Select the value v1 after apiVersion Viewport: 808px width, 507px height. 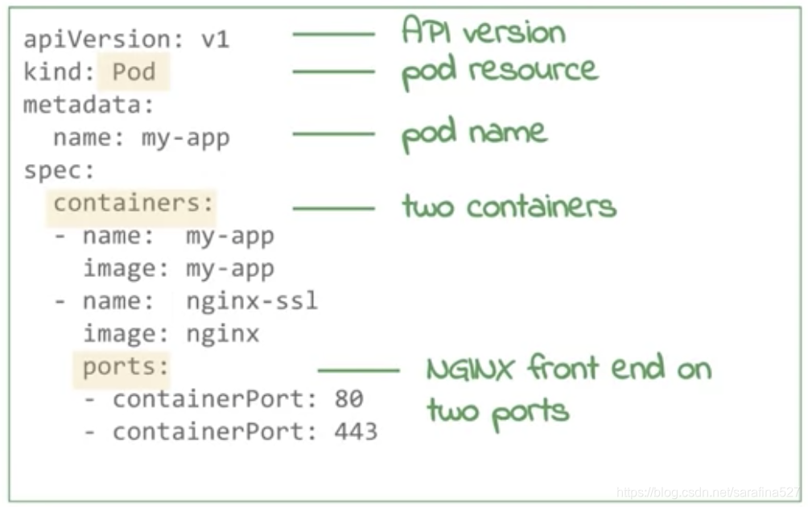pos(215,39)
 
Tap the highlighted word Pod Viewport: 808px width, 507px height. pos(134,72)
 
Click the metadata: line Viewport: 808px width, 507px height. pos(89,105)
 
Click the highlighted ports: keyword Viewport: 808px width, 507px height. pos(126,367)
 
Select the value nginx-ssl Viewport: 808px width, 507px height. pos(252,302)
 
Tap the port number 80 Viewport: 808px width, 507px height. pos(348,399)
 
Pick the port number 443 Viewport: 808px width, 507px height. pos(356,432)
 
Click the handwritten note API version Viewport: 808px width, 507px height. pos(483,32)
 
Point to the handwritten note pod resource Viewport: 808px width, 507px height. pos(499,71)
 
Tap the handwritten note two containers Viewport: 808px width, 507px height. pos(509,207)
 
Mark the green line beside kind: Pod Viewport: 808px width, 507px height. pos(333,72)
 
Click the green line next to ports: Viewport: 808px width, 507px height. pos(359,370)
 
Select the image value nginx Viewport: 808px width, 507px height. pos(223,334)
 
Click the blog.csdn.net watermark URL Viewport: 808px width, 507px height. pos(708,492)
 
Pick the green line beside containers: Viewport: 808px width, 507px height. pos(333,208)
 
